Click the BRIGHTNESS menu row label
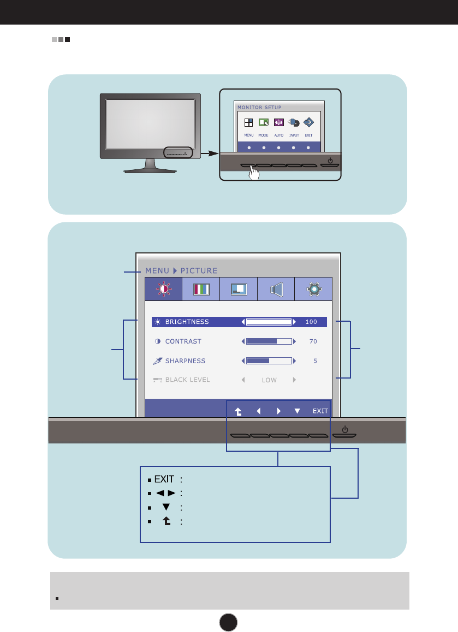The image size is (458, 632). tap(187, 322)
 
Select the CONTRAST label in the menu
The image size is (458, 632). tap(183, 341)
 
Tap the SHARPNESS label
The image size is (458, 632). tap(185, 361)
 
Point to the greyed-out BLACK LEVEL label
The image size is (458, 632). tap(187, 380)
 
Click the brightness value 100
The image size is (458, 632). tap(311, 322)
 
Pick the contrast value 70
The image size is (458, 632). tap(313, 341)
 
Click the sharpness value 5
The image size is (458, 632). tap(315, 361)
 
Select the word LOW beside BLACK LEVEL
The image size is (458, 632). tap(269, 380)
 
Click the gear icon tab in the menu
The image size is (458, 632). tap(313, 289)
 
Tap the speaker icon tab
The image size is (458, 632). tap(276, 289)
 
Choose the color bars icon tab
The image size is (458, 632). tap(201, 289)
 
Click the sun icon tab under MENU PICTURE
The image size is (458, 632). tap(163, 289)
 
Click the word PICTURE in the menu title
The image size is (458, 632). tap(199, 270)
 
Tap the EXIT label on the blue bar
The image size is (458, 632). tap(320, 411)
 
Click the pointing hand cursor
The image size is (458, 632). tap(253, 174)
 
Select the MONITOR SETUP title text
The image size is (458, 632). tap(259, 107)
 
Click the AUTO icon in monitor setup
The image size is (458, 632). tap(279, 123)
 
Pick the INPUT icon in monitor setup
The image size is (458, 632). tap(294, 123)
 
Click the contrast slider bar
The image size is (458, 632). tap(269, 341)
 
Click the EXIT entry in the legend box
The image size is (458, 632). tap(164, 480)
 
